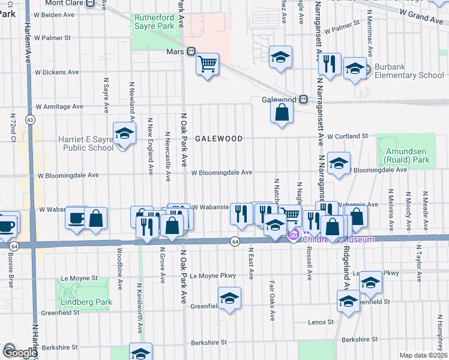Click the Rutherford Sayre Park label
pos(154,22)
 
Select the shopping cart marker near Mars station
pos(207,64)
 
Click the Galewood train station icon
pos(304,99)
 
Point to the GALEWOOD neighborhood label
pos(218,139)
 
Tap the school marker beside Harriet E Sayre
pos(124,134)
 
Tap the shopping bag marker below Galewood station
pos(282,112)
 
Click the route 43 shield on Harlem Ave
pos(29,120)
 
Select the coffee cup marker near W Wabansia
pos(77,218)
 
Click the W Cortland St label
pos(347,136)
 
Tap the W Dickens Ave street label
pos(57,72)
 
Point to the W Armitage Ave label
pos(59,106)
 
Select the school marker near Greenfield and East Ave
pos(229,298)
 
